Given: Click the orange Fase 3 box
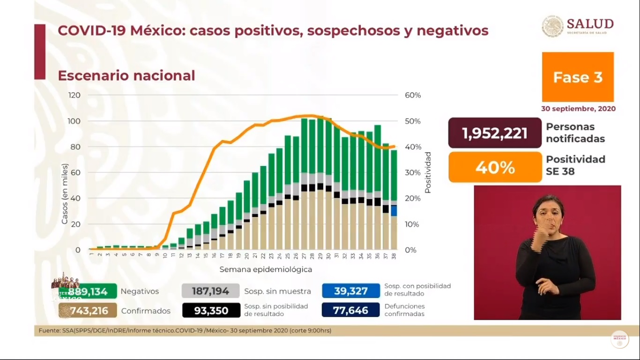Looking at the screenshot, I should point(578,77).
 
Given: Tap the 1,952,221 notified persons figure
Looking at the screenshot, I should point(495,134).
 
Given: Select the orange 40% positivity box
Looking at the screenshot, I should point(495,167).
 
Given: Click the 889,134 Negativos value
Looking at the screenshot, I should point(88,292).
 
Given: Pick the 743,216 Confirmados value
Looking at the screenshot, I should point(88,311).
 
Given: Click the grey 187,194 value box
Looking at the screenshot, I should point(210,292).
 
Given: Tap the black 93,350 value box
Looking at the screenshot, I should point(210,311).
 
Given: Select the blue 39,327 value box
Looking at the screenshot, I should point(350,292).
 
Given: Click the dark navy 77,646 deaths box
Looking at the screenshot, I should point(350,310).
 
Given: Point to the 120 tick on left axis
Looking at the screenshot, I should point(74,95).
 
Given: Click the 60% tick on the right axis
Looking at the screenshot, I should point(413,95).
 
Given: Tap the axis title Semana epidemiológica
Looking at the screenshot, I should point(266,270).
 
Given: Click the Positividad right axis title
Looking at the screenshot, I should point(428,172).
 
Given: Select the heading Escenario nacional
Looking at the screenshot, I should point(126,75).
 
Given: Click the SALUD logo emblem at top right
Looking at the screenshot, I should point(552,26).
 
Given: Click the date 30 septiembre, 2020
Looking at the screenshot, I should point(578,109).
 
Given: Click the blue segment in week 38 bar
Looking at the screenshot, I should point(394,210).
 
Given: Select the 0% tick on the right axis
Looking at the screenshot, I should point(410,250).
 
